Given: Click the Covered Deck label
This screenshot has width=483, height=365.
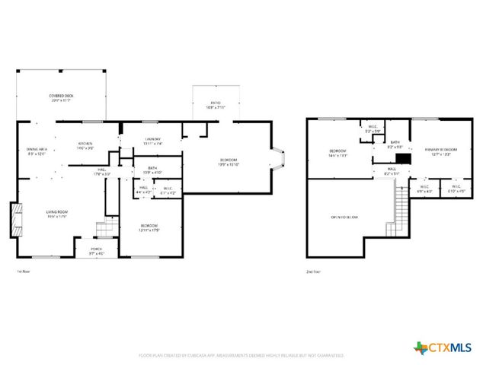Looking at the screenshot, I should coord(62,97).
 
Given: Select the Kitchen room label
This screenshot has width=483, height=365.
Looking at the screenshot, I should coord(85,145).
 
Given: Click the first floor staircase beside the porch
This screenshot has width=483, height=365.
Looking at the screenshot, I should coord(104,229).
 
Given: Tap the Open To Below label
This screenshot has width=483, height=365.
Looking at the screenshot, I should coord(344,217).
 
